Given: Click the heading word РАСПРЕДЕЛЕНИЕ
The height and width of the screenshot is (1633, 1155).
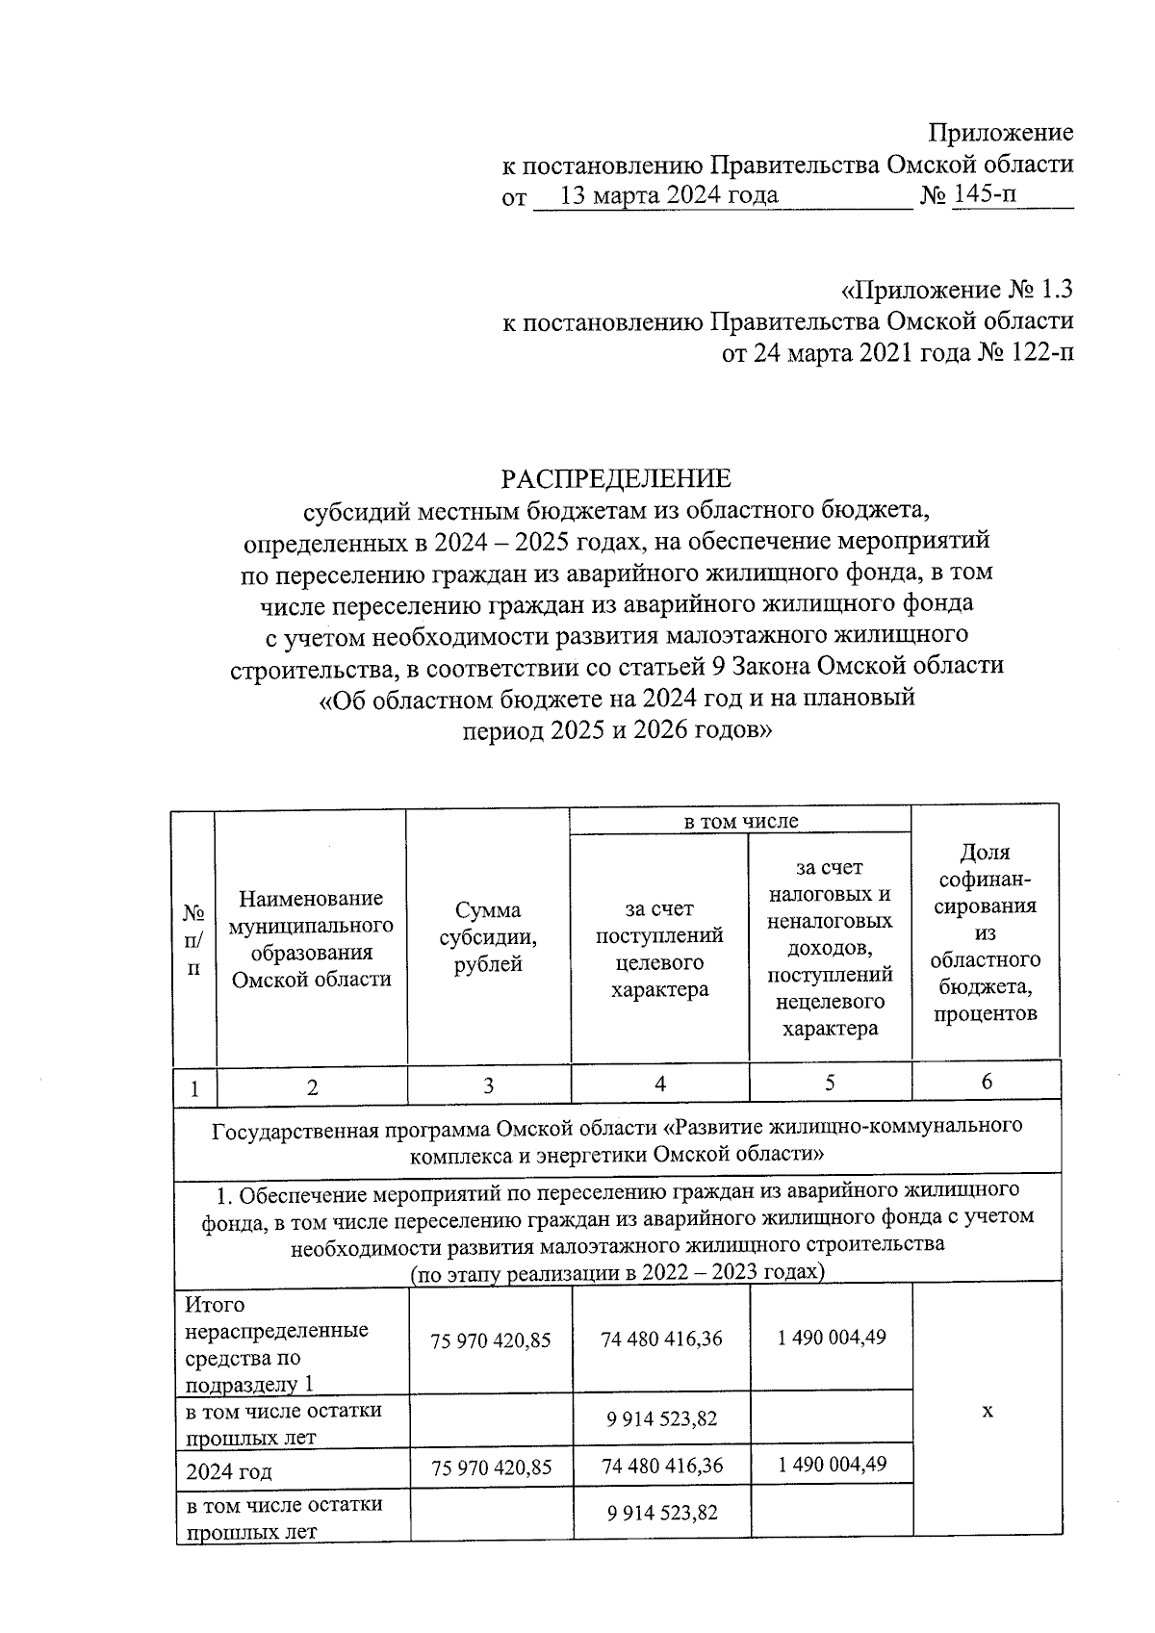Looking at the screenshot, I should tap(615, 478).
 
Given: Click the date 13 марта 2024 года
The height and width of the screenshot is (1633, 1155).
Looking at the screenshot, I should tap(669, 195).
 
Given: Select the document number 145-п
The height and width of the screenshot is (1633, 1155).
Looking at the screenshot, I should tap(983, 195).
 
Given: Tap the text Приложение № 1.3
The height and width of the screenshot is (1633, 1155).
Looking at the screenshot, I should tap(957, 289).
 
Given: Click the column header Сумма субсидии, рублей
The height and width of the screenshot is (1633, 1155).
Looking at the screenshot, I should tap(489, 936).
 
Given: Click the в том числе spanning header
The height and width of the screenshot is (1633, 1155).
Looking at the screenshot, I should tap(740, 821).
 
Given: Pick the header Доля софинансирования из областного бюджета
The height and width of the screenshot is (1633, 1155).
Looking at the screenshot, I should tap(986, 932).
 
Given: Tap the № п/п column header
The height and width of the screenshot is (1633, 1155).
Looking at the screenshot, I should tap(194, 939).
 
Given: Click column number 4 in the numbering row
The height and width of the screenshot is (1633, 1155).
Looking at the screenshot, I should tap(660, 1084).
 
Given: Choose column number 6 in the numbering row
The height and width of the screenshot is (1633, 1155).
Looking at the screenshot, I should tap(987, 1082).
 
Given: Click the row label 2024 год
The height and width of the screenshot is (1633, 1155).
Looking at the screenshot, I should tap(229, 1471).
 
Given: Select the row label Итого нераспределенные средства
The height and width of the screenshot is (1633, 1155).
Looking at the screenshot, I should tap(276, 1344).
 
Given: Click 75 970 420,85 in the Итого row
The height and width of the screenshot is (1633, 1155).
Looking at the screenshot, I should tap(491, 1340).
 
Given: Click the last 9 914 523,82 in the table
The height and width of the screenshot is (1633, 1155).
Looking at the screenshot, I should tap(661, 1513).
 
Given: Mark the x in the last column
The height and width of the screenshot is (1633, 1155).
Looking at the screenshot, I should tap(987, 1411).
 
